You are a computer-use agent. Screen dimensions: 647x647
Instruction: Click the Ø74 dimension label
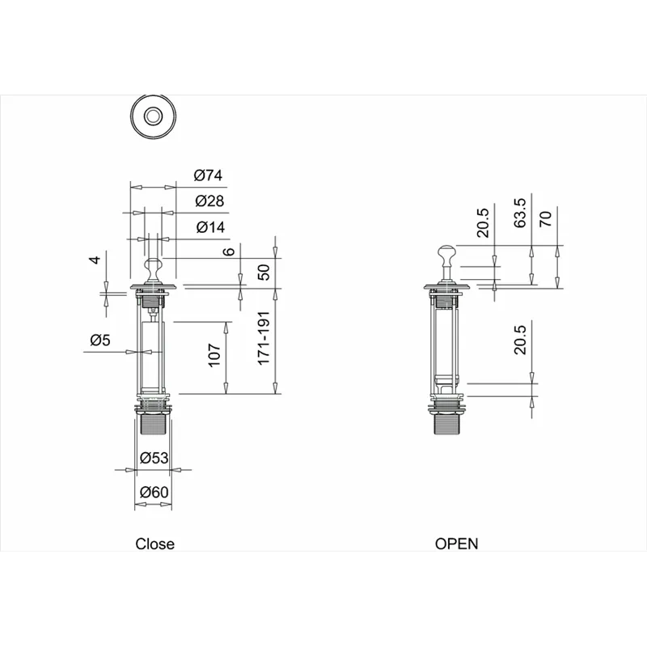click(208, 175)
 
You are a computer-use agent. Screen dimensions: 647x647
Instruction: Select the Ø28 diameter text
click(208, 201)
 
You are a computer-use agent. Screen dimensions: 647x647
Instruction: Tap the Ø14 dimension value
click(210, 227)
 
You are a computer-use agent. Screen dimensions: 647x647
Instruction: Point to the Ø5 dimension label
click(99, 340)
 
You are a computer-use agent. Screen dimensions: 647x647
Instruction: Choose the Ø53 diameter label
click(153, 458)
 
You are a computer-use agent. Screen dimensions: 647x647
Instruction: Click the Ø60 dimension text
click(153, 492)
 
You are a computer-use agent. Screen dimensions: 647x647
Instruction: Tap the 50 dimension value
click(263, 273)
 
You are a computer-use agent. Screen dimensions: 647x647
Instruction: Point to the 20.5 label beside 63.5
click(483, 222)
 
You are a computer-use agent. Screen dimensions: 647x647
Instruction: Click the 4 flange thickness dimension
click(95, 260)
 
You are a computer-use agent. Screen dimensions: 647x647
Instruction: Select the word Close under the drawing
click(154, 544)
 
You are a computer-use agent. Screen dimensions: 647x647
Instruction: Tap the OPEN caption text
click(456, 544)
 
